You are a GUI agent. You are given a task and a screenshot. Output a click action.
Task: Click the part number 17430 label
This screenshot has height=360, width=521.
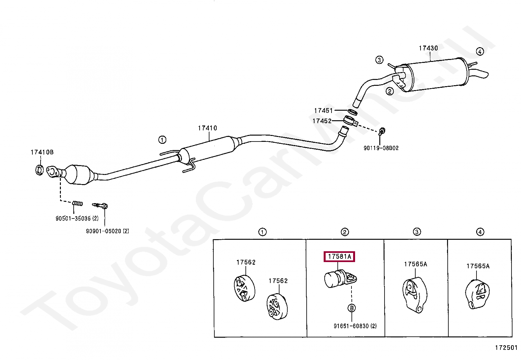(428, 48)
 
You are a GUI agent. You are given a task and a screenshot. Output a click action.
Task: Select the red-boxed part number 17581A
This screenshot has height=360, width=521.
(339, 257)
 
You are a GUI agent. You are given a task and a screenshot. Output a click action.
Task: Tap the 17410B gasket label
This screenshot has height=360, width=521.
(42, 152)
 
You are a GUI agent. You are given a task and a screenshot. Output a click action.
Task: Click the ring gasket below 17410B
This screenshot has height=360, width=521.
(39, 170)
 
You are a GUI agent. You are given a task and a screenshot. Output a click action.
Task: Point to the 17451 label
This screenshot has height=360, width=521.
(323, 111)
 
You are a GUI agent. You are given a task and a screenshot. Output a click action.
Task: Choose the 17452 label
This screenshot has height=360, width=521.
(322, 121)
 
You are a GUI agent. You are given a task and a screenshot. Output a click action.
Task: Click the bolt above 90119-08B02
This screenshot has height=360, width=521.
(382, 132)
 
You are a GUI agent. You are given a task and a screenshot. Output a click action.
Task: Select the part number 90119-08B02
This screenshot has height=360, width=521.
(381, 148)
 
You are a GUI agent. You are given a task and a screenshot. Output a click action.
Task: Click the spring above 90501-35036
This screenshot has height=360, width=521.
(77, 203)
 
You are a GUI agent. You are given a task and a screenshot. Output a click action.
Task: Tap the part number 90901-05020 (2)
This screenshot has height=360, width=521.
(107, 231)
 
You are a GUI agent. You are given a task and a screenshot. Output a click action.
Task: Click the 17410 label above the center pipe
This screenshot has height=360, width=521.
(207, 128)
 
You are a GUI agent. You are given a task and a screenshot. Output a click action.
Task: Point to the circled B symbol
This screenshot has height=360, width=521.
(351, 308)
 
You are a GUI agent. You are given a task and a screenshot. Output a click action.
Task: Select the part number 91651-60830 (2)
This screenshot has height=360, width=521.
(355, 326)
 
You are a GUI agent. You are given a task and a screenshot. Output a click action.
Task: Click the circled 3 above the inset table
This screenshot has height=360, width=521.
(417, 232)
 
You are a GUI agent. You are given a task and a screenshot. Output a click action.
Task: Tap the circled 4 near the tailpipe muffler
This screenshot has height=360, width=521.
(479, 51)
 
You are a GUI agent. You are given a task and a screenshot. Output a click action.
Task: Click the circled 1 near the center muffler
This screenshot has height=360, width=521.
(162, 140)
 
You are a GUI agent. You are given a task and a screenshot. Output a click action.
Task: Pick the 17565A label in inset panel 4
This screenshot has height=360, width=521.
(478, 266)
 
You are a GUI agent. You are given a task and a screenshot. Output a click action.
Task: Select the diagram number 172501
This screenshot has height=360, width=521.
(506, 348)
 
